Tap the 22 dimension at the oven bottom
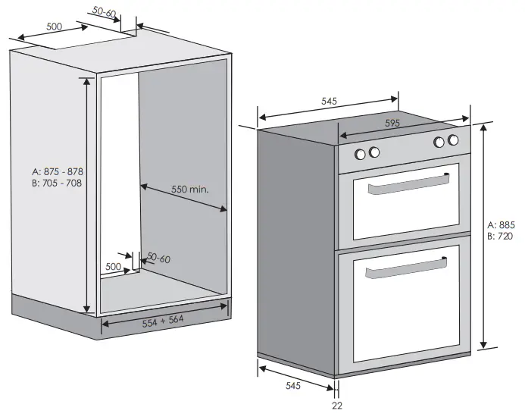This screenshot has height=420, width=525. coord(336,406)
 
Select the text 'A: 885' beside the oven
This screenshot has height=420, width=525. coord(502,225)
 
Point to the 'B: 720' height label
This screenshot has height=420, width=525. coord(502,237)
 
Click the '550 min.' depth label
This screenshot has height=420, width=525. coord(189,188)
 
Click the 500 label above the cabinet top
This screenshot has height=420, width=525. coord(54,27)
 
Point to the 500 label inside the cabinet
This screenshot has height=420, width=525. coord(113,267)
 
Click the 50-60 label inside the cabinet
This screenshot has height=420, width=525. coord(158,259)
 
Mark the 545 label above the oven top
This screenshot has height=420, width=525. coord(329,101)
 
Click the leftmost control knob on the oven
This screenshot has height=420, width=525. coord(361,153)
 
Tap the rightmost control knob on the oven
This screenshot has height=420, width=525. coord(453,140)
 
